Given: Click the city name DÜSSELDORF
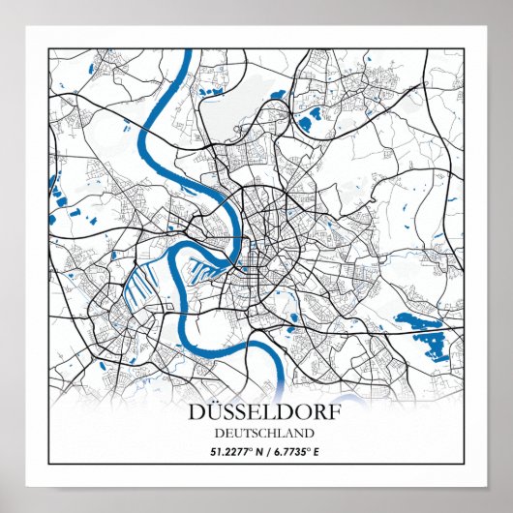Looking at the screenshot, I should (256, 414).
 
